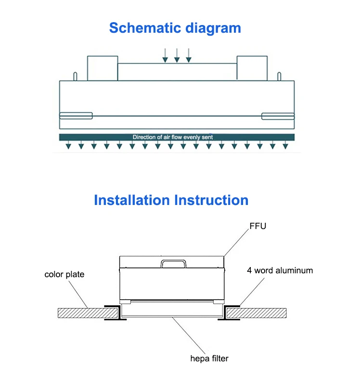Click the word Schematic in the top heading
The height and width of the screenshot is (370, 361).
point(145,28)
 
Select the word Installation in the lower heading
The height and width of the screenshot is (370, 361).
point(132,200)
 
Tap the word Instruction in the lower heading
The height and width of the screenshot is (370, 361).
point(211,200)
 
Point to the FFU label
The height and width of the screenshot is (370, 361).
point(258,226)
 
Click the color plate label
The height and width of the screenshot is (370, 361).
point(64,274)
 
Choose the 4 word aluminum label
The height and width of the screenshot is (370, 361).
point(280,270)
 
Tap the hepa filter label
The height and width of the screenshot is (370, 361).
point(209,358)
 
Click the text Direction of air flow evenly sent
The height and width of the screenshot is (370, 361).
point(173,137)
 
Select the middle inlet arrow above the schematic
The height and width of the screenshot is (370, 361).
point(177,55)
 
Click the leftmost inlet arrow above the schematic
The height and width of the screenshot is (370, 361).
point(165,55)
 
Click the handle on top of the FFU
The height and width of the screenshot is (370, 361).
point(173,261)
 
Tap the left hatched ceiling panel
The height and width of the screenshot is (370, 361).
point(88,313)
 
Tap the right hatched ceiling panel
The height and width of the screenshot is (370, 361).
point(257,313)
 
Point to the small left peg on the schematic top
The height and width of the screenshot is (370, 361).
point(75,76)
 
